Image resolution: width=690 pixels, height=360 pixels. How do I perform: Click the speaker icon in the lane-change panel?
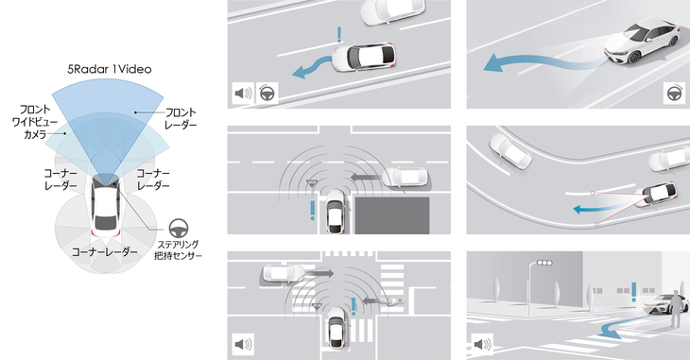point(244,94)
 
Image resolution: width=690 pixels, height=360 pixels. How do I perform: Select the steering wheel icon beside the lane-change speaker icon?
point(267,94)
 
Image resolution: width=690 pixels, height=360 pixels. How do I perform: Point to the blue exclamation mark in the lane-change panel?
point(338,38)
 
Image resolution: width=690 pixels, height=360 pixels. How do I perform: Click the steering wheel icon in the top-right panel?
point(672,94)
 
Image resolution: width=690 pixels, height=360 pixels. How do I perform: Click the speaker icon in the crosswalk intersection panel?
point(244,344)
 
